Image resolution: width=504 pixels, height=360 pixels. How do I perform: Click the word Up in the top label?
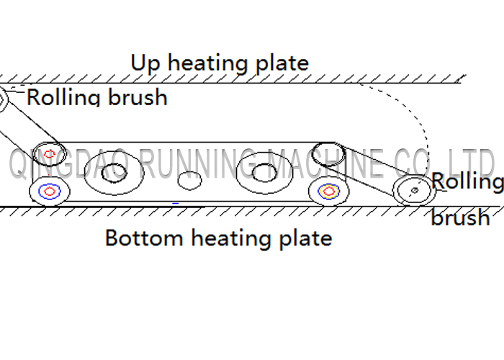pos(145,63)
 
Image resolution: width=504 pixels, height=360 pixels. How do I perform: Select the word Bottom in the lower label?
pos(144,238)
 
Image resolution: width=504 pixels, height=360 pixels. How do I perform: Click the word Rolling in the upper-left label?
pos(63,96)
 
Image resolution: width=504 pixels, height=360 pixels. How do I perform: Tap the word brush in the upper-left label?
pos(138,96)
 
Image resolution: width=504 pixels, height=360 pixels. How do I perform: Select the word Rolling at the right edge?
pos(467,181)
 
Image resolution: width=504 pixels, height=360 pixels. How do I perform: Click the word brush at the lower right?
pos(460,217)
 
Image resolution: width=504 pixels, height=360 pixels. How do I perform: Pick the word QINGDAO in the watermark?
pos(69,164)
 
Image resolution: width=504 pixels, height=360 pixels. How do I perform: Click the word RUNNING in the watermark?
pos(198,164)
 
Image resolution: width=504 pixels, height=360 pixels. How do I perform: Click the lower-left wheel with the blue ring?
pos(49,192)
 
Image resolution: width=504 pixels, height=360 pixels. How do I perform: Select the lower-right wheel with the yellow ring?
pos(328,192)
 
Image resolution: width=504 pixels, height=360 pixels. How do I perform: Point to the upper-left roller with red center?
pos(49,154)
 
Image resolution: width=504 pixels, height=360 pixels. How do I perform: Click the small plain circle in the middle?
pos(189,180)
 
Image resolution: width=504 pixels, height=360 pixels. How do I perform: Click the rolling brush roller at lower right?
pos(415,190)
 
